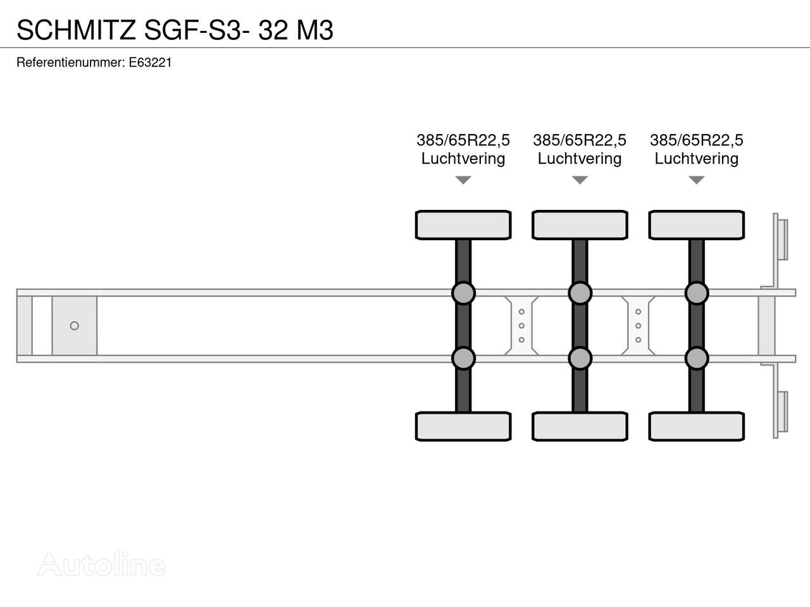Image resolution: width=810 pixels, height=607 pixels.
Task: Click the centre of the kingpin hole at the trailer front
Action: [x=75, y=326]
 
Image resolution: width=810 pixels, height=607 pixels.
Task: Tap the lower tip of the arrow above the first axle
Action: [x=463, y=184]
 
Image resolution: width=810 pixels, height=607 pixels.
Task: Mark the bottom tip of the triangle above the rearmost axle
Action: [x=696, y=184]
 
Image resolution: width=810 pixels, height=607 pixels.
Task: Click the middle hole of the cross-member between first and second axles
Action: [x=521, y=326]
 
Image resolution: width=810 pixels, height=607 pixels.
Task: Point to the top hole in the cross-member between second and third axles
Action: [x=638, y=312]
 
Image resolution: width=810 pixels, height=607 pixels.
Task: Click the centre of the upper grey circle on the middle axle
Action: [x=580, y=293]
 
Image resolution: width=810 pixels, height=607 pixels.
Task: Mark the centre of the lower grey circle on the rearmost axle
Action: [x=696, y=359]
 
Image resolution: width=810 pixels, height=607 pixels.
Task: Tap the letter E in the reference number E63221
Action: [x=132, y=63]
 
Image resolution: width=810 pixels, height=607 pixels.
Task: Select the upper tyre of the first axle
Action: [x=463, y=225]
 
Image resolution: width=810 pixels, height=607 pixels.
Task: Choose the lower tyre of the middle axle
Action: [x=580, y=426]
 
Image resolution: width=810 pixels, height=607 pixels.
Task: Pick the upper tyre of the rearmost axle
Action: [x=696, y=225]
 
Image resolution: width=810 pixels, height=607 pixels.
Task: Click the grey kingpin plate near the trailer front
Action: [x=75, y=326]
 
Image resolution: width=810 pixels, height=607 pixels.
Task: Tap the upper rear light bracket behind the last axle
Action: [x=780, y=240]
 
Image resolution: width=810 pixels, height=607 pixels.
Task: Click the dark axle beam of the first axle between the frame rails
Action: [x=463, y=326]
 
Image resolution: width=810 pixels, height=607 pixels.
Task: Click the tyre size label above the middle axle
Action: [x=580, y=140]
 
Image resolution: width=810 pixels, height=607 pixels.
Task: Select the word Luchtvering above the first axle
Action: [x=463, y=159]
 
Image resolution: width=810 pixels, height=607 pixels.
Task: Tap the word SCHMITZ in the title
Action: [x=77, y=30]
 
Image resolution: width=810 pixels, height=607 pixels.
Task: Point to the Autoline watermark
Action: [x=101, y=564]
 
